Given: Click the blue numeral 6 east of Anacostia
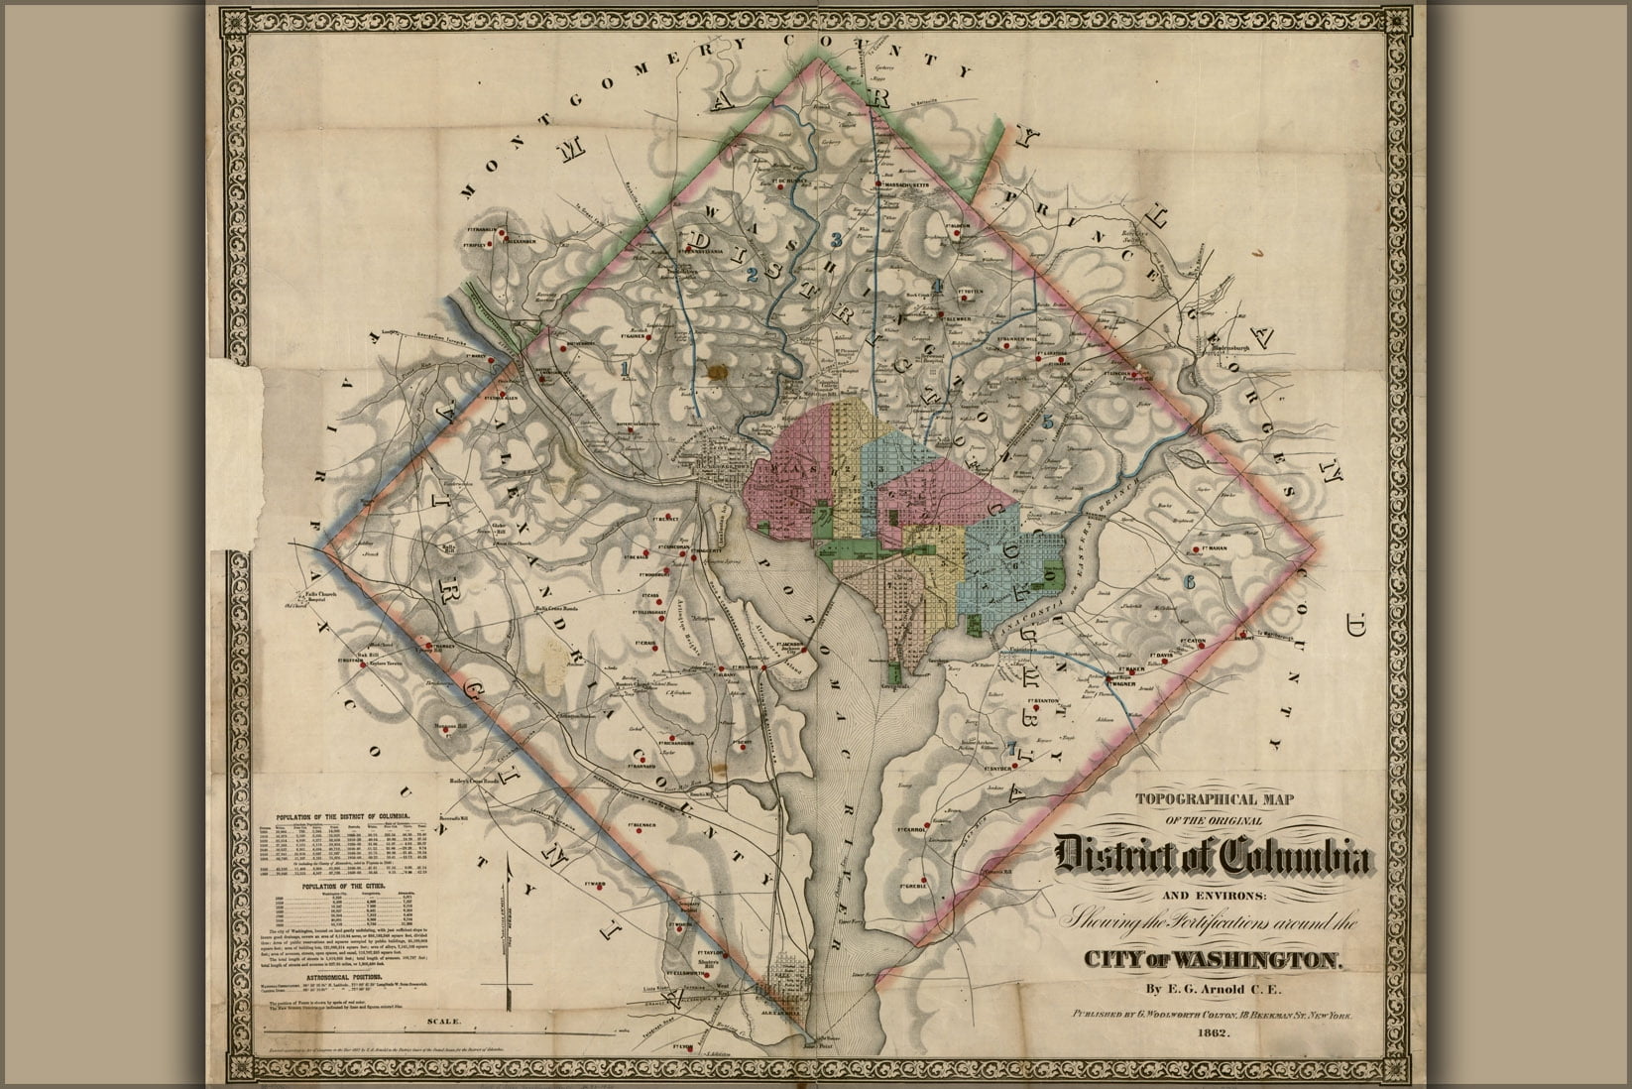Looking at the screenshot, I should tap(1189, 581).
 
